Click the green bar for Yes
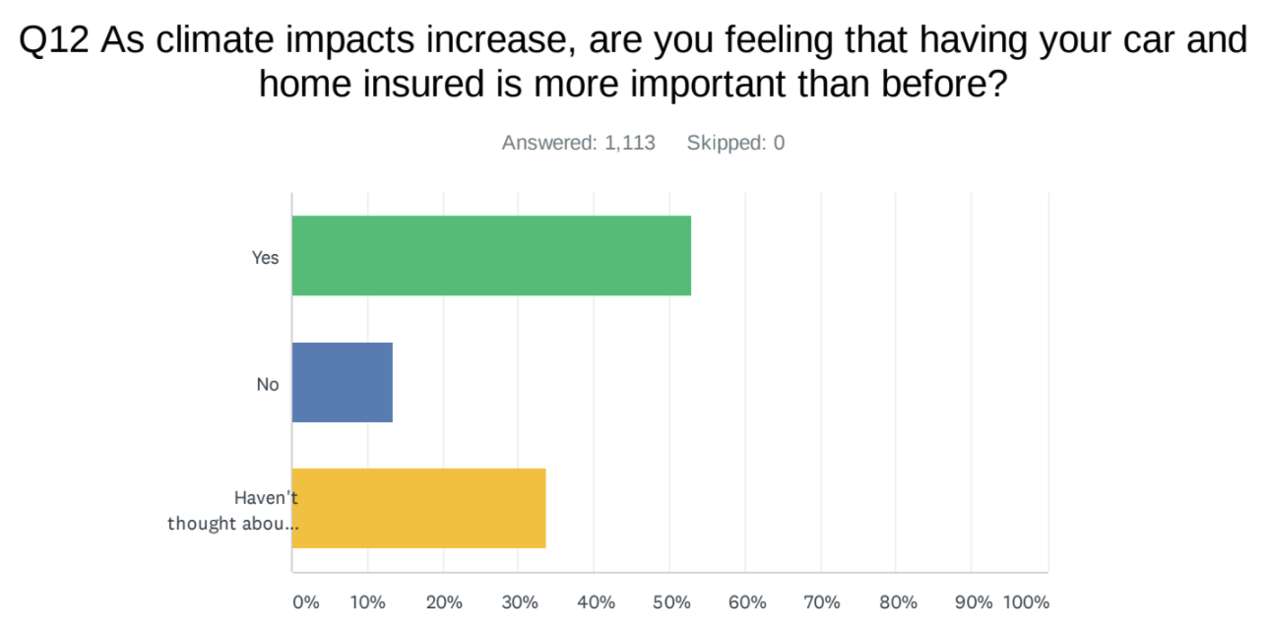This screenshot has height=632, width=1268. [491, 255]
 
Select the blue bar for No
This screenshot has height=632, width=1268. [343, 382]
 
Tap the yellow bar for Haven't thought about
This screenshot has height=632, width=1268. [419, 508]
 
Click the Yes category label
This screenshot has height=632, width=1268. [266, 258]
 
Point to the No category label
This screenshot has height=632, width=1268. [268, 385]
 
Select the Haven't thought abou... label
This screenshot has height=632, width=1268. [233, 510]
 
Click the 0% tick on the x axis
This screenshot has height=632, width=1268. [306, 602]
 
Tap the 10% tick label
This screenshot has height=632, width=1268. [367, 602]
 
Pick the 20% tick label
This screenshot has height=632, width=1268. [444, 602]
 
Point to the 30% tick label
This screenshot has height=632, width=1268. [519, 602]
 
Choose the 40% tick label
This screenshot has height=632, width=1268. [595, 602]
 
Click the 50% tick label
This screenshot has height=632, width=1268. [670, 602]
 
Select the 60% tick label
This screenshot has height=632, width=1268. [746, 602]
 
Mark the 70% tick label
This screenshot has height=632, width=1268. [821, 602]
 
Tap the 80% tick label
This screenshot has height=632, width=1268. [897, 602]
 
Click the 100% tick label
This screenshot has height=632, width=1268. [1026, 602]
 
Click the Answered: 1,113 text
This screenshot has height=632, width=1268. [578, 143]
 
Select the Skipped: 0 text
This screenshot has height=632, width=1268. [735, 143]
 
